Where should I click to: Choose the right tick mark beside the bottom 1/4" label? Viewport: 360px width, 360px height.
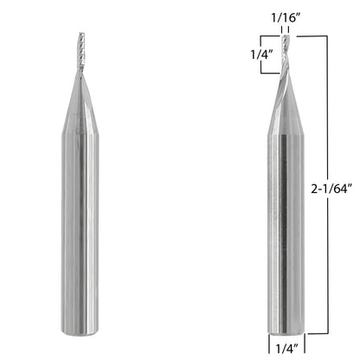pos(306,342)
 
